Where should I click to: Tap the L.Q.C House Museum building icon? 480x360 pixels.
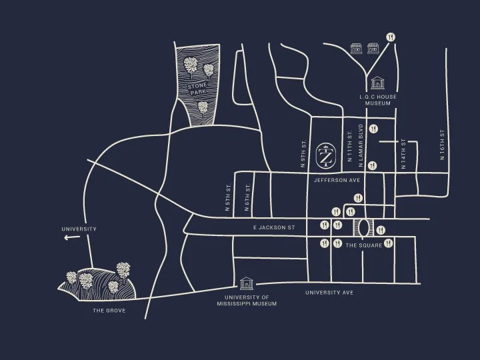pos(378,83)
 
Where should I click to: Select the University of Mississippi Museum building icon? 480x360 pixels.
pos(247,283)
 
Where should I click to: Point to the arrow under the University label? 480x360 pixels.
pos(69,237)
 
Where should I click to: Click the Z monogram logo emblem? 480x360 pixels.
pos(325,155)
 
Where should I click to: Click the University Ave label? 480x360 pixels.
pos(329,293)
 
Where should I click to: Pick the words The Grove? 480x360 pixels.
pos(109,311)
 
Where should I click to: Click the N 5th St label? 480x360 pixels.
pos(227,197)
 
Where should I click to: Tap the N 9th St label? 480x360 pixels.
pos(303,153)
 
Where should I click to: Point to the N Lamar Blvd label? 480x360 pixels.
pos(361,141)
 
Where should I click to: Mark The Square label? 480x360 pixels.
pos(364,245)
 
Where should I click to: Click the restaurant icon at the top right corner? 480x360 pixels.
pos(391,38)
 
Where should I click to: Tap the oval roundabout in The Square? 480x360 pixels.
pos(364,228)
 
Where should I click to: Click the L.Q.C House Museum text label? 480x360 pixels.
pos(378,100)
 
